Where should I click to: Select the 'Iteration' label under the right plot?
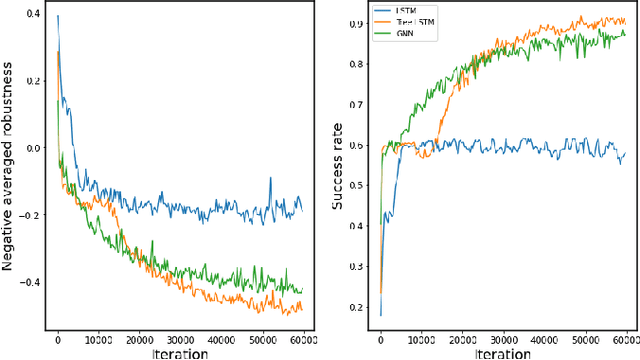point(502,353)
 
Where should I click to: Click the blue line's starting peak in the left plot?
point(58,16)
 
